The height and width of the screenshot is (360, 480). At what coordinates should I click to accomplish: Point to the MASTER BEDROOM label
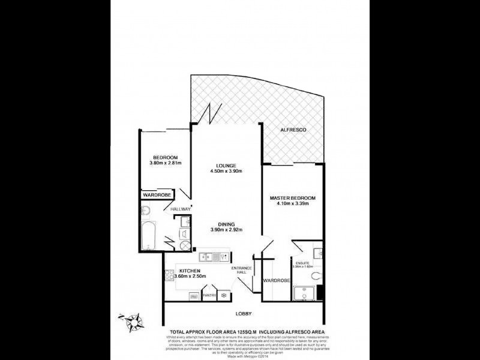pyautogui.click(x=292, y=198)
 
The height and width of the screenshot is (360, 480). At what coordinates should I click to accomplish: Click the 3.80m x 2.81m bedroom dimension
pyautogui.click(x=165, y=163)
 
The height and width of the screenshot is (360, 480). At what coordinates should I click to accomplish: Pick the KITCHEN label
pyautogui.click(x=189, y=271)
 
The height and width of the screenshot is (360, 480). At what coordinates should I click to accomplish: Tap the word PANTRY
pyautogui.click(x=209, y=295)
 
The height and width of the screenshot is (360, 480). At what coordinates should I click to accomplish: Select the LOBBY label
pyautogui.click(x=244, y=314)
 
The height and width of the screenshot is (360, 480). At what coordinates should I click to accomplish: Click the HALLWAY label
pyautogui.click(x=179, y=209)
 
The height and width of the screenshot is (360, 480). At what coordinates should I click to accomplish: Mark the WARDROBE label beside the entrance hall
pyautogui.click(x=277, y=280)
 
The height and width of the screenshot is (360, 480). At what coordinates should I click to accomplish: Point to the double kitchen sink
pyautogui.click(x=206, y=257)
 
